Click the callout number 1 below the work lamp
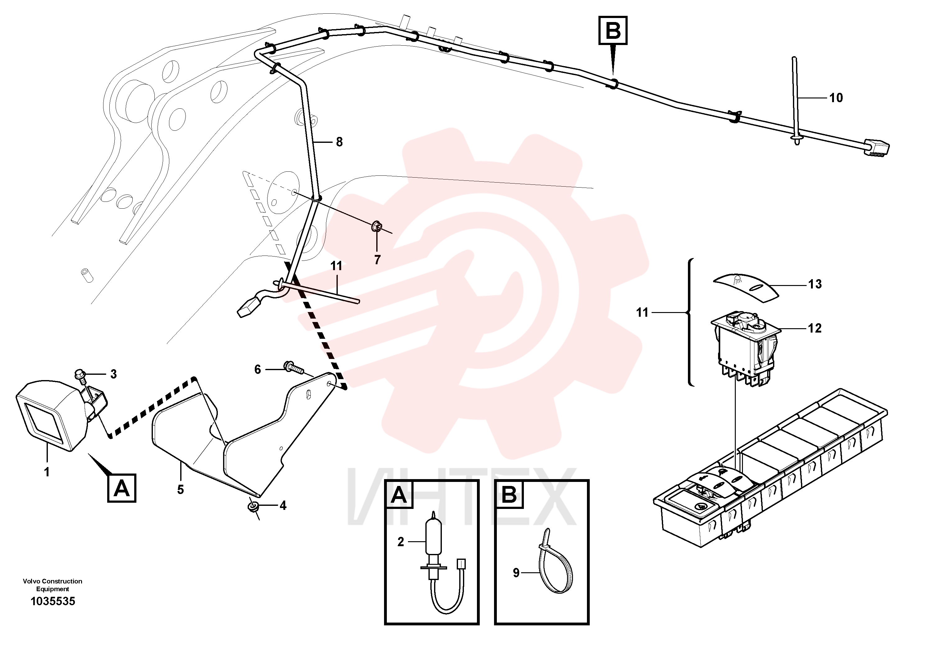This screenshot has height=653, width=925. (47, 472)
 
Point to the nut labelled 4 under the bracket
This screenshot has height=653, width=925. (253, 506)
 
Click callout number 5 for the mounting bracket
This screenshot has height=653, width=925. (181, 490)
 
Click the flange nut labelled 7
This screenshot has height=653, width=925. (377, 227)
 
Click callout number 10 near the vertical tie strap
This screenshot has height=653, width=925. (836, 97)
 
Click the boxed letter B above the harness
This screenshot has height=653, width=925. (613, 30)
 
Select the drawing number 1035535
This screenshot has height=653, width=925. (53, 601)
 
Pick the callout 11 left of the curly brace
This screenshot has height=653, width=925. (642, 312)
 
